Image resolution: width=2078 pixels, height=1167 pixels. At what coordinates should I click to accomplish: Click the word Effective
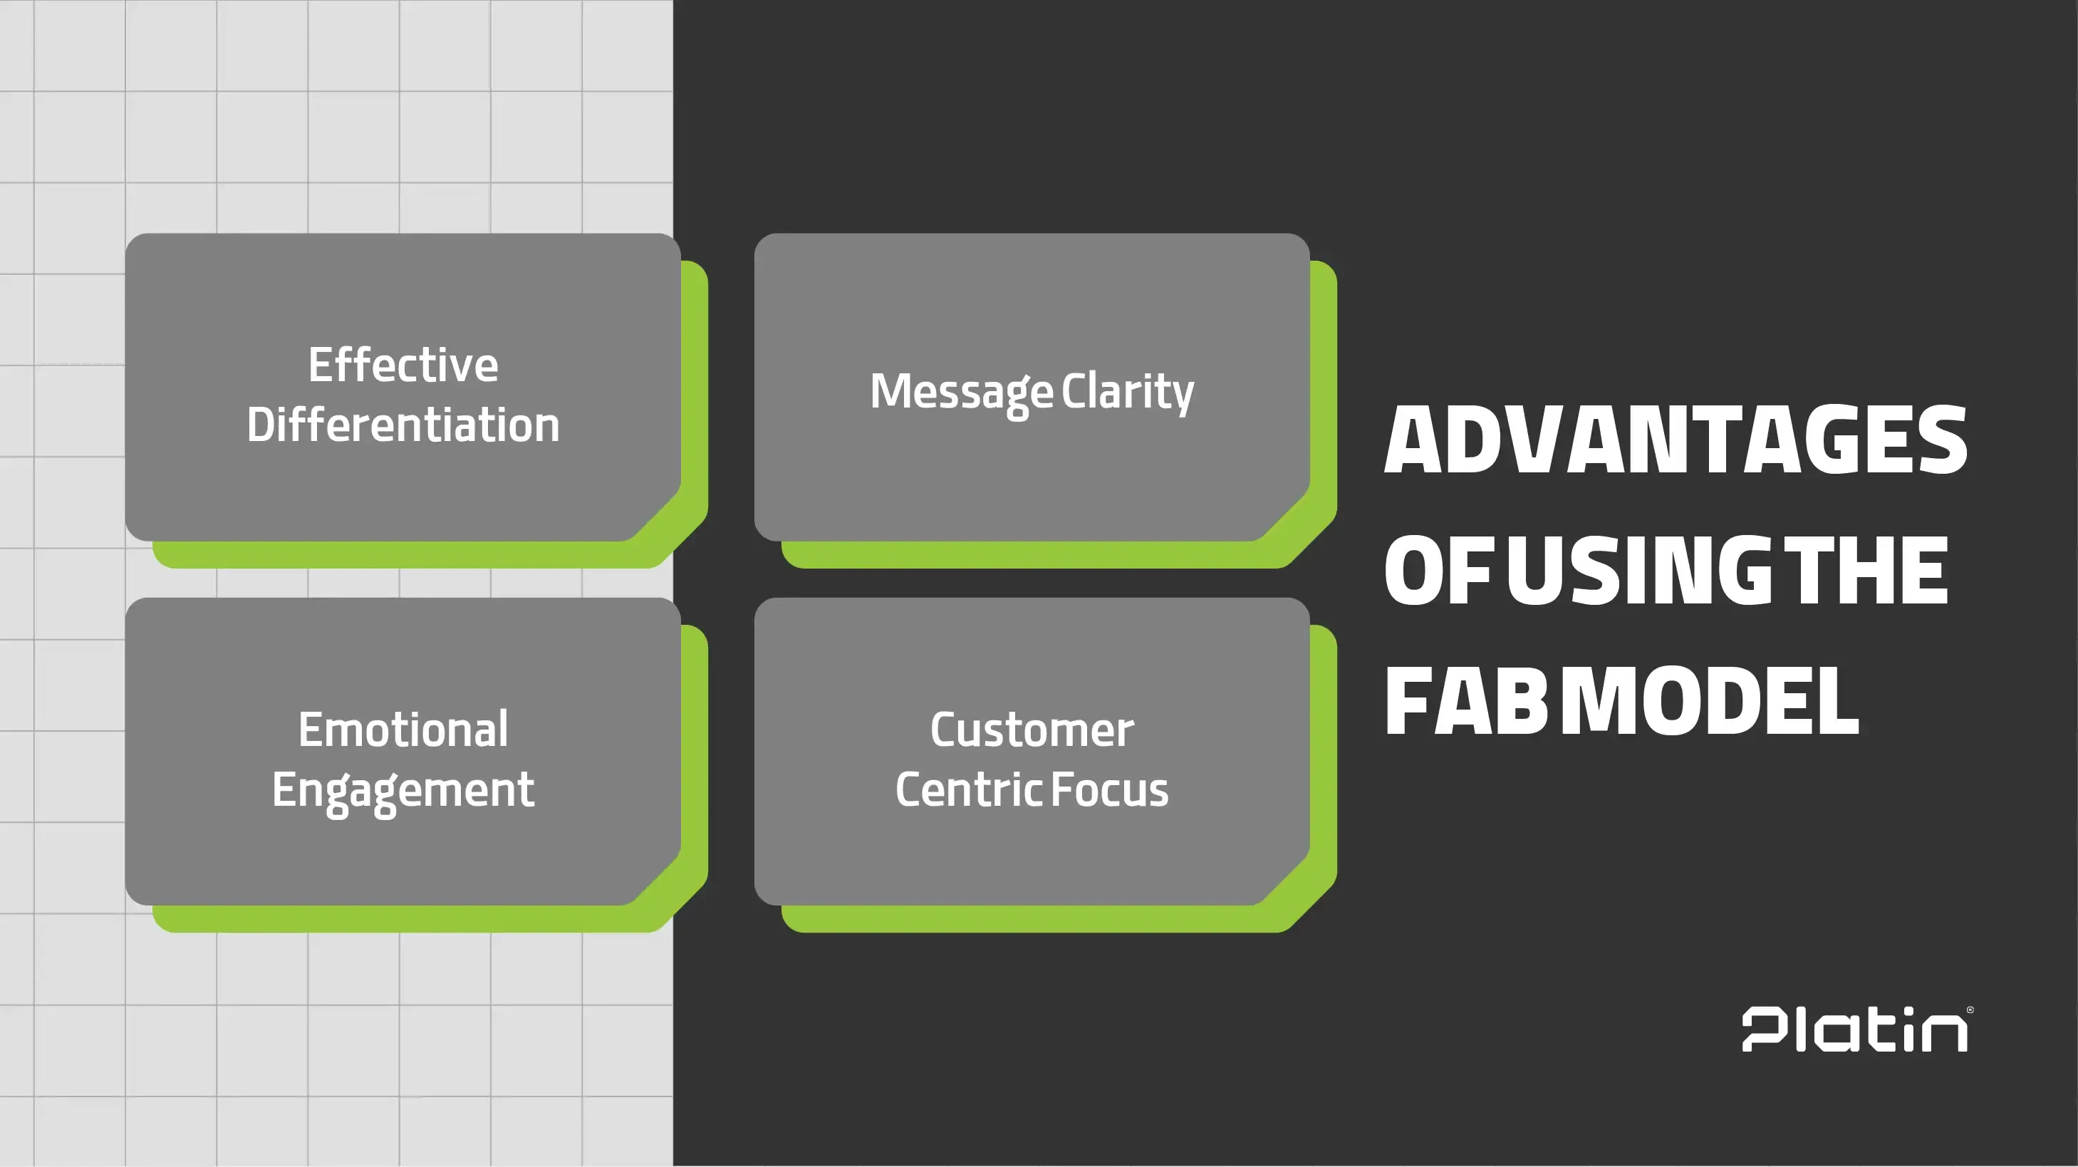[402, 365]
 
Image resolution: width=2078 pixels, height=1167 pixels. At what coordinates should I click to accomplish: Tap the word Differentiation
[402, 425]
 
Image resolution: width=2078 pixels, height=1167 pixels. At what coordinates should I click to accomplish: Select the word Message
[961, 392]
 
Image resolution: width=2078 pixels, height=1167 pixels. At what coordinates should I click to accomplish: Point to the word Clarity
[1127, 392]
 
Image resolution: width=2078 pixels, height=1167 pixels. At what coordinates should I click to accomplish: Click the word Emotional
[402, 729]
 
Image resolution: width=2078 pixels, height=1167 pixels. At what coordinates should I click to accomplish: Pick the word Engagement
[402, 790]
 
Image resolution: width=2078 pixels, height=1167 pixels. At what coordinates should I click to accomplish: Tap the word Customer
[1031, 729]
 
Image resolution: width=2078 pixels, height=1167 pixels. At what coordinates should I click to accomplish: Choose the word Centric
[968, 789]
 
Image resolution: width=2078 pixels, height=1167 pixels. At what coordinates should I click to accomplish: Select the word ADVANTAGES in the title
[1675, 440]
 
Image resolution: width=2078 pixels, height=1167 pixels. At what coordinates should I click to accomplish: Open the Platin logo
[1854, 1030]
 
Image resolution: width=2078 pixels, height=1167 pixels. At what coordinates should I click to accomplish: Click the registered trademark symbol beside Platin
[1970, 1010]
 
